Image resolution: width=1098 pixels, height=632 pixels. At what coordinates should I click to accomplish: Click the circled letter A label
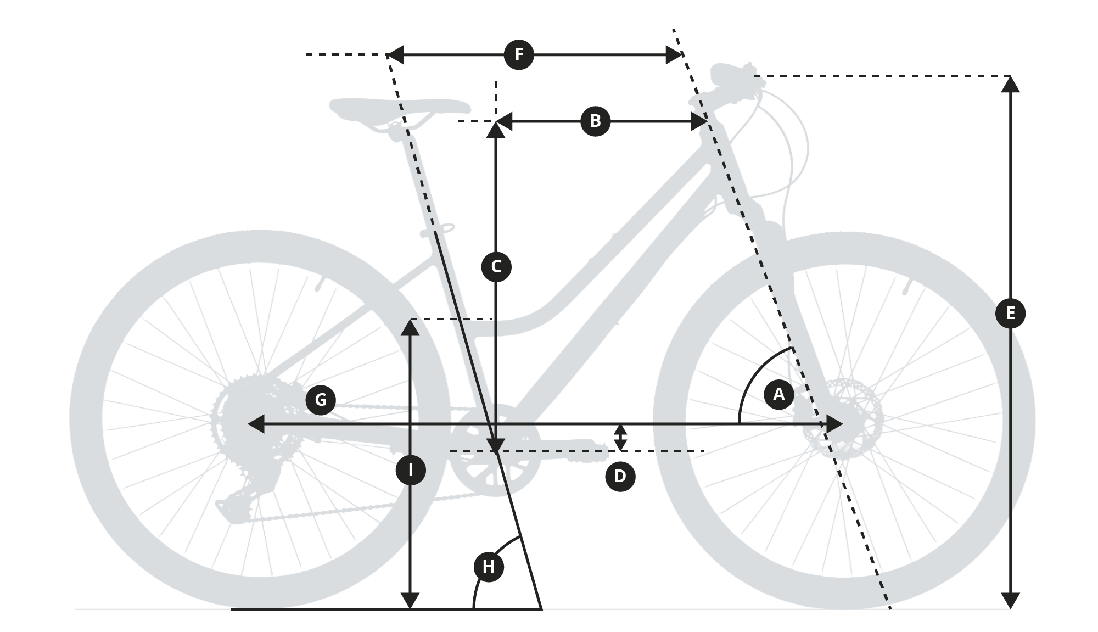pyautogui.click(x=778, y=394)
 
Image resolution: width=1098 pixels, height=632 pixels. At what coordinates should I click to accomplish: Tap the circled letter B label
pyautogui.click(x=595, y=121)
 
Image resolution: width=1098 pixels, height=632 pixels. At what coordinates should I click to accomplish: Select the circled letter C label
pyautogui.click(x=496, y=267)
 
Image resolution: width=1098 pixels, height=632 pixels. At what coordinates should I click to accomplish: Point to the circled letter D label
pyautogui.click(x=620, y=476)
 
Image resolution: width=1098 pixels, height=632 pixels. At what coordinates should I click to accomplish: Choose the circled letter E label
pyautogui.click(x=1010, y=313)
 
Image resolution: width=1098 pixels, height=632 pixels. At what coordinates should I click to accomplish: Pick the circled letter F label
pyautogui.click(x=519, y=54)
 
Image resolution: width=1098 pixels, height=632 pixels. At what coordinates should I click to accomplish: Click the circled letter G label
pyautogui.click(x=321, y=399)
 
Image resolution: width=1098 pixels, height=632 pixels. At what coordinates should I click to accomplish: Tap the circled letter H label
pyautogui.click(x=489, y=566)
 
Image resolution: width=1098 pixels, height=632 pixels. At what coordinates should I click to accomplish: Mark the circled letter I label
pyautogui.click(x=411, y=470)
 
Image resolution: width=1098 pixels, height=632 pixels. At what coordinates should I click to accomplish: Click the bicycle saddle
pyautogui.click(x=400, y=110)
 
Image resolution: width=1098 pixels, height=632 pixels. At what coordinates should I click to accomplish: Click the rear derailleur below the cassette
pyautogui.click(x=247, y=494)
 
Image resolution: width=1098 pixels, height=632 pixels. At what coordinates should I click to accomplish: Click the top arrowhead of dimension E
pyautogui.click(x=1010, y=83)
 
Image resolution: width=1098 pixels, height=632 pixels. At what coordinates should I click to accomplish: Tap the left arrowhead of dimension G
pyautogui.click(x=256, y=424)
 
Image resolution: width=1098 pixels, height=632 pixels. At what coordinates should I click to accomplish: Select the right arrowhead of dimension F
pyautogui.click(x=674, y=55)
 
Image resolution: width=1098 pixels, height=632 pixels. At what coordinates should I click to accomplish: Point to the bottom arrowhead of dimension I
pyautogui.click(x=411, y=601)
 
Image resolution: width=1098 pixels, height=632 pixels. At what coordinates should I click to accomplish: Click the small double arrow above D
pyautogui.click(x=620, y=437)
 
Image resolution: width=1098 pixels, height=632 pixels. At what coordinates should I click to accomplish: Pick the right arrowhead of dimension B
pyautogui.click(x=699, y=121)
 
